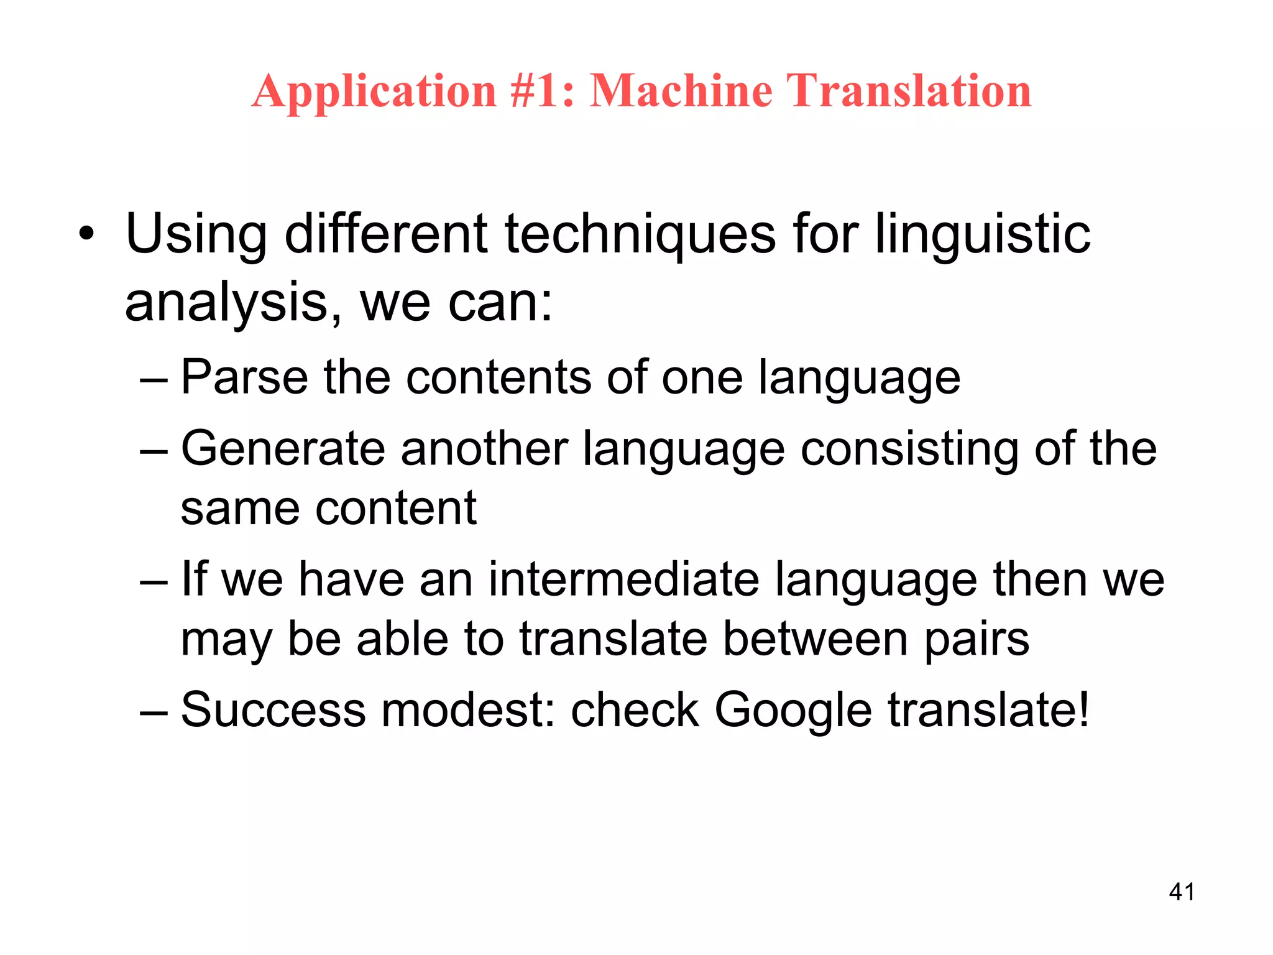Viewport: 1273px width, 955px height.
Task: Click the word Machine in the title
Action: coord(681,91)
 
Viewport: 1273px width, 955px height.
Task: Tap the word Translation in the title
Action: coord(910,91)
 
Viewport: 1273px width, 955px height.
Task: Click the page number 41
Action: coord(1181,892)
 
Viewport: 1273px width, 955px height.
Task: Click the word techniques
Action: coord(640,234)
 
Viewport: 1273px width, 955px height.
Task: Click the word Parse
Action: coord(244,377)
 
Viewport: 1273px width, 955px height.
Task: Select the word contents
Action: coord(499,377)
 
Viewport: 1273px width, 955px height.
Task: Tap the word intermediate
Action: coord(623,579)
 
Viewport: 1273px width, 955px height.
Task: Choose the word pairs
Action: coord(977,640)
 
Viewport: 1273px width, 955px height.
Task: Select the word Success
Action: coord(273,709)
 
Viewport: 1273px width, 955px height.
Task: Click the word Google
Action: coord(793,711)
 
